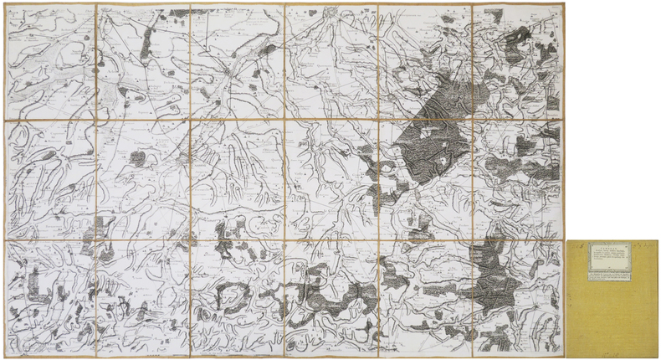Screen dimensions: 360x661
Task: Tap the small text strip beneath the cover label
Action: pos(608,273)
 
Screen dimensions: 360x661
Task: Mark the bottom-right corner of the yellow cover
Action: pos(658,356)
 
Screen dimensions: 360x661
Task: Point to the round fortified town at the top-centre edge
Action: pos(332,13)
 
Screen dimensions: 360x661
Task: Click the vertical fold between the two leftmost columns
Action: pos(96,180)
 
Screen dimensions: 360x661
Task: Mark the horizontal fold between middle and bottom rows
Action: pos(284,241)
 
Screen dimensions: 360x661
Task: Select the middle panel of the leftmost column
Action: pos(49,180)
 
